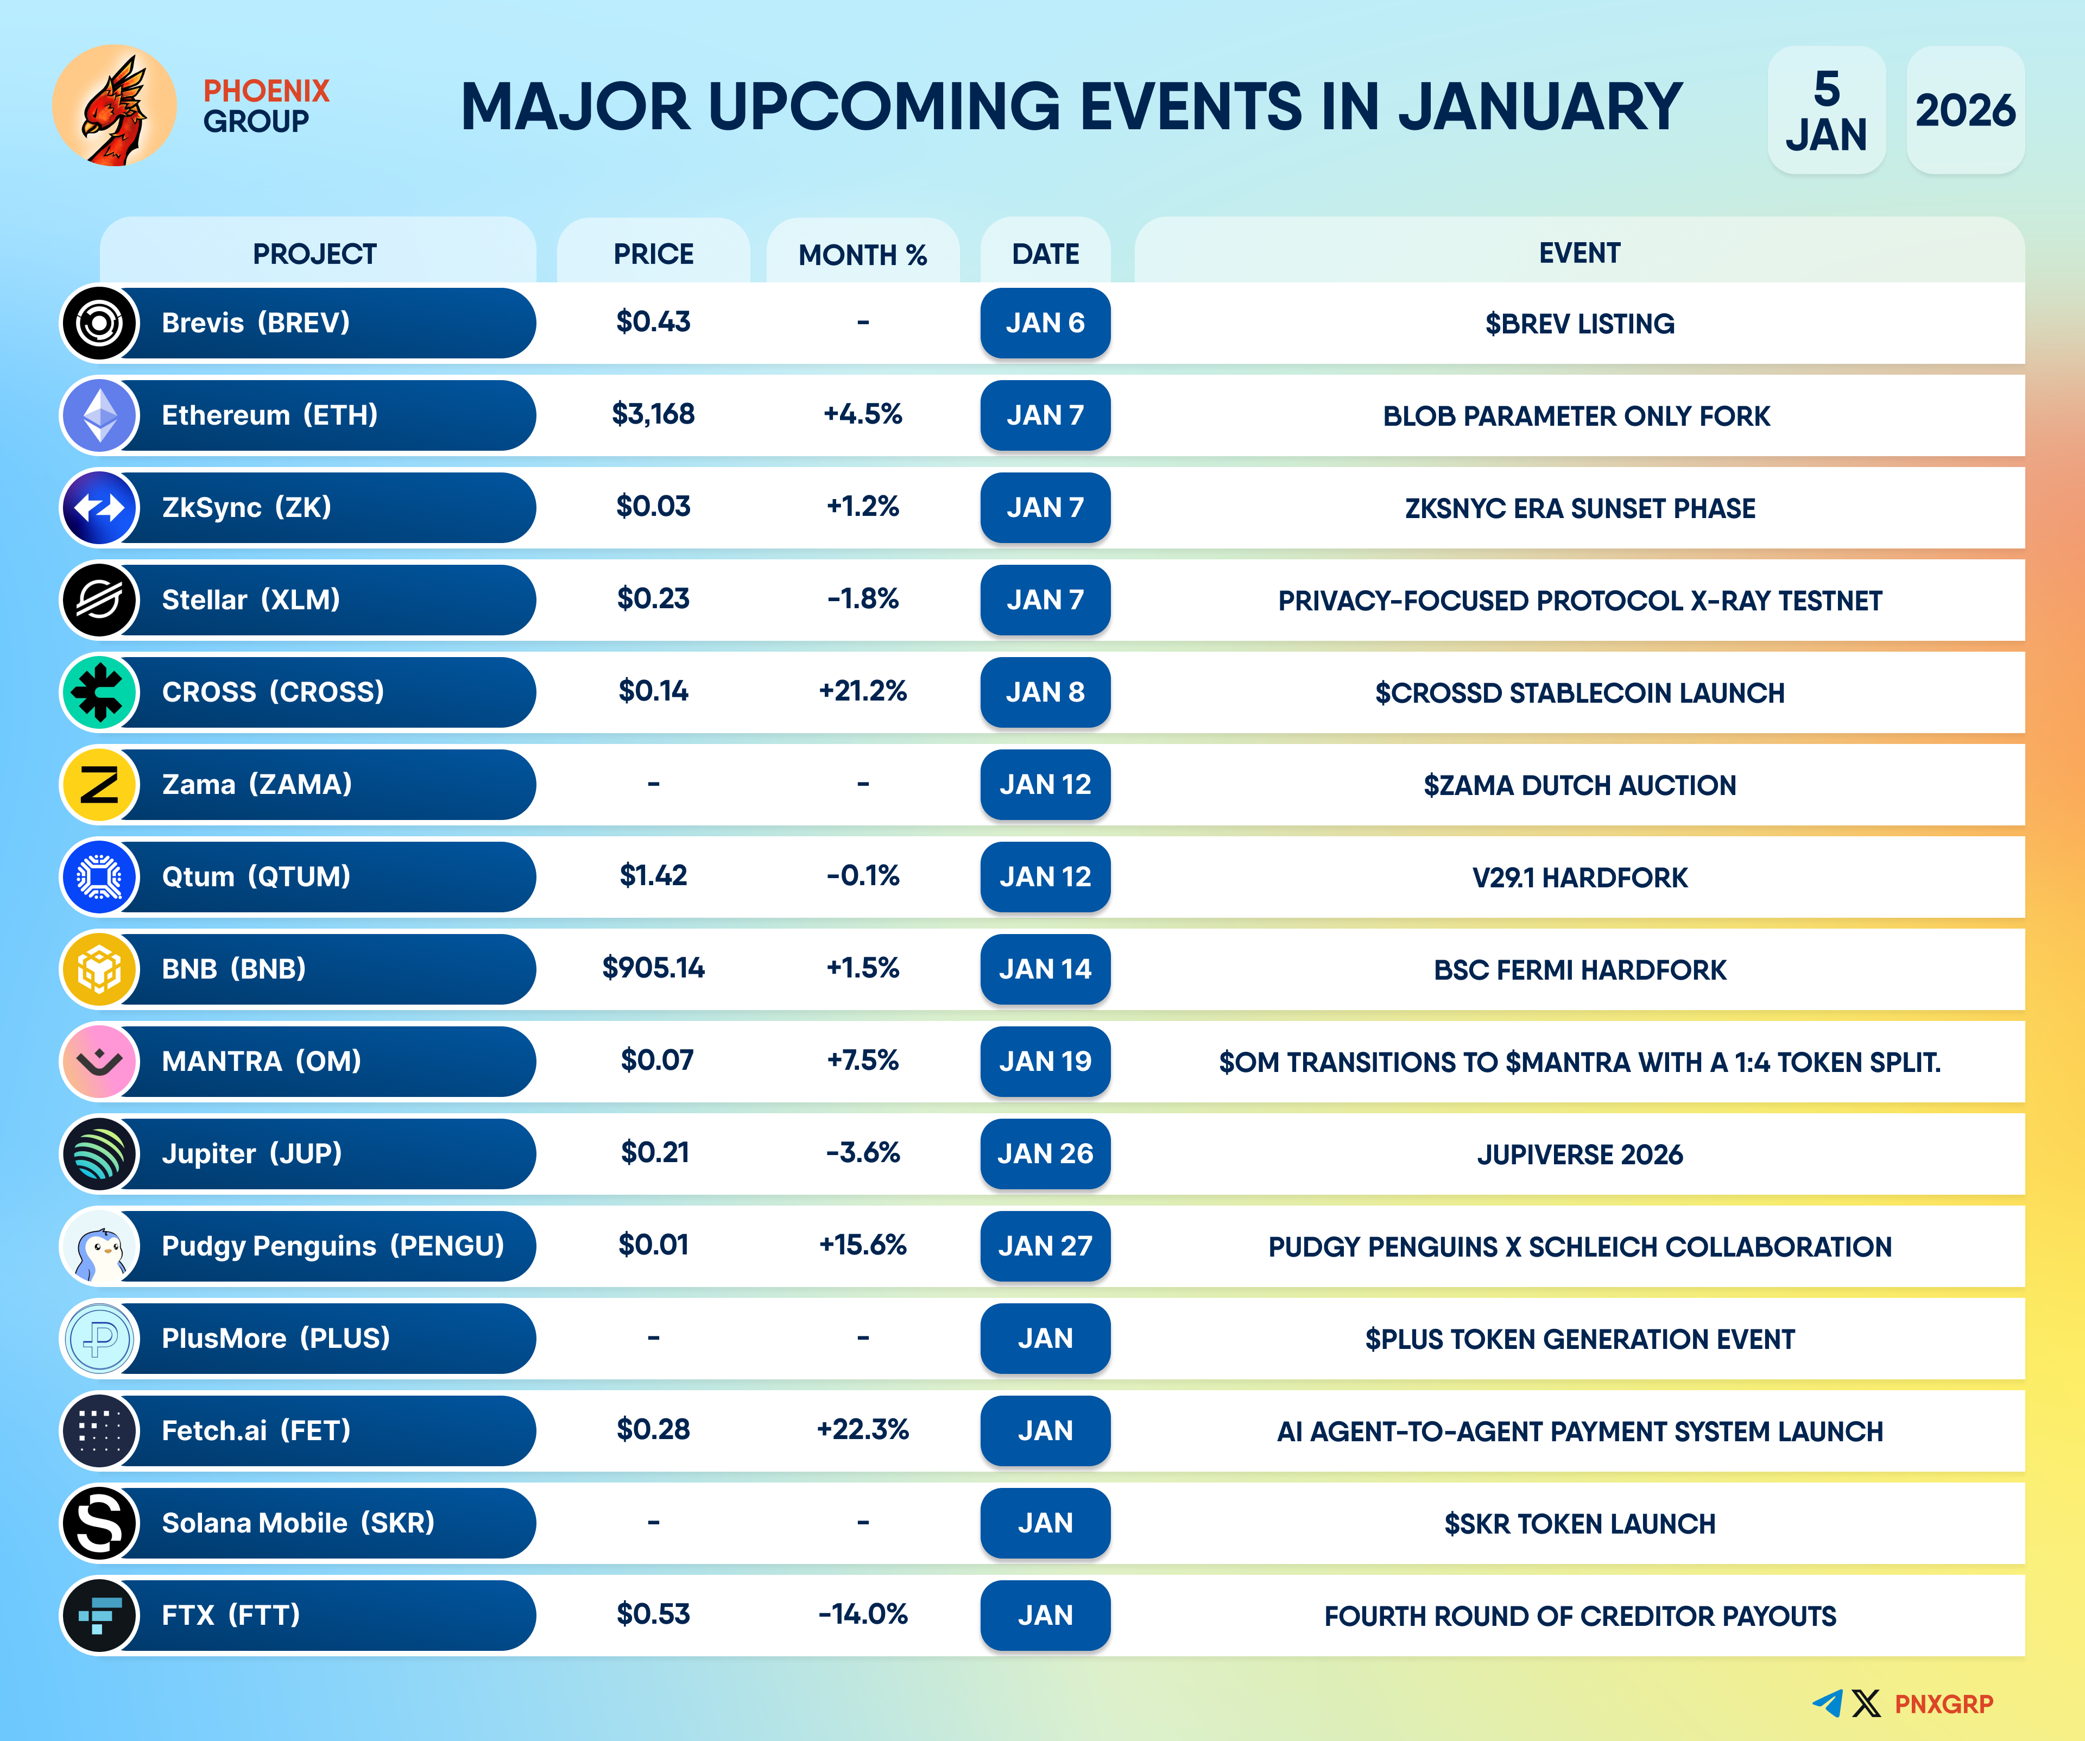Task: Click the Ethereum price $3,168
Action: tap(653, 414)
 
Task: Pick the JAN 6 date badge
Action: tap(1045, 323)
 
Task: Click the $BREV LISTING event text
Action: tap(1579, 324)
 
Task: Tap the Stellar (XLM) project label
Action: tap(251, 600)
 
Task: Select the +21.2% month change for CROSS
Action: tap(863, 691)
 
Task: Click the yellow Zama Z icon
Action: tap(99, 785)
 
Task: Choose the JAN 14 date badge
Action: tap(1045, 969)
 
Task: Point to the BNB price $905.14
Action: tap(653, 968)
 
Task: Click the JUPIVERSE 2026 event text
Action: tap(1579, 1155)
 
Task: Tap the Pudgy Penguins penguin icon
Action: tap(99, 1246)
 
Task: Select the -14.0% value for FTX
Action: tap(863, 1615)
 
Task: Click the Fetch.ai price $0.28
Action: tap(653, 1430)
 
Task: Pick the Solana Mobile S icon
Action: tap(99, 1523)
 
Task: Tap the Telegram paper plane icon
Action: tap(1828, 1704)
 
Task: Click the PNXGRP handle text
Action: tap(1944, 1704)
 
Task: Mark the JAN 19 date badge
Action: tap(1045, 1062)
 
